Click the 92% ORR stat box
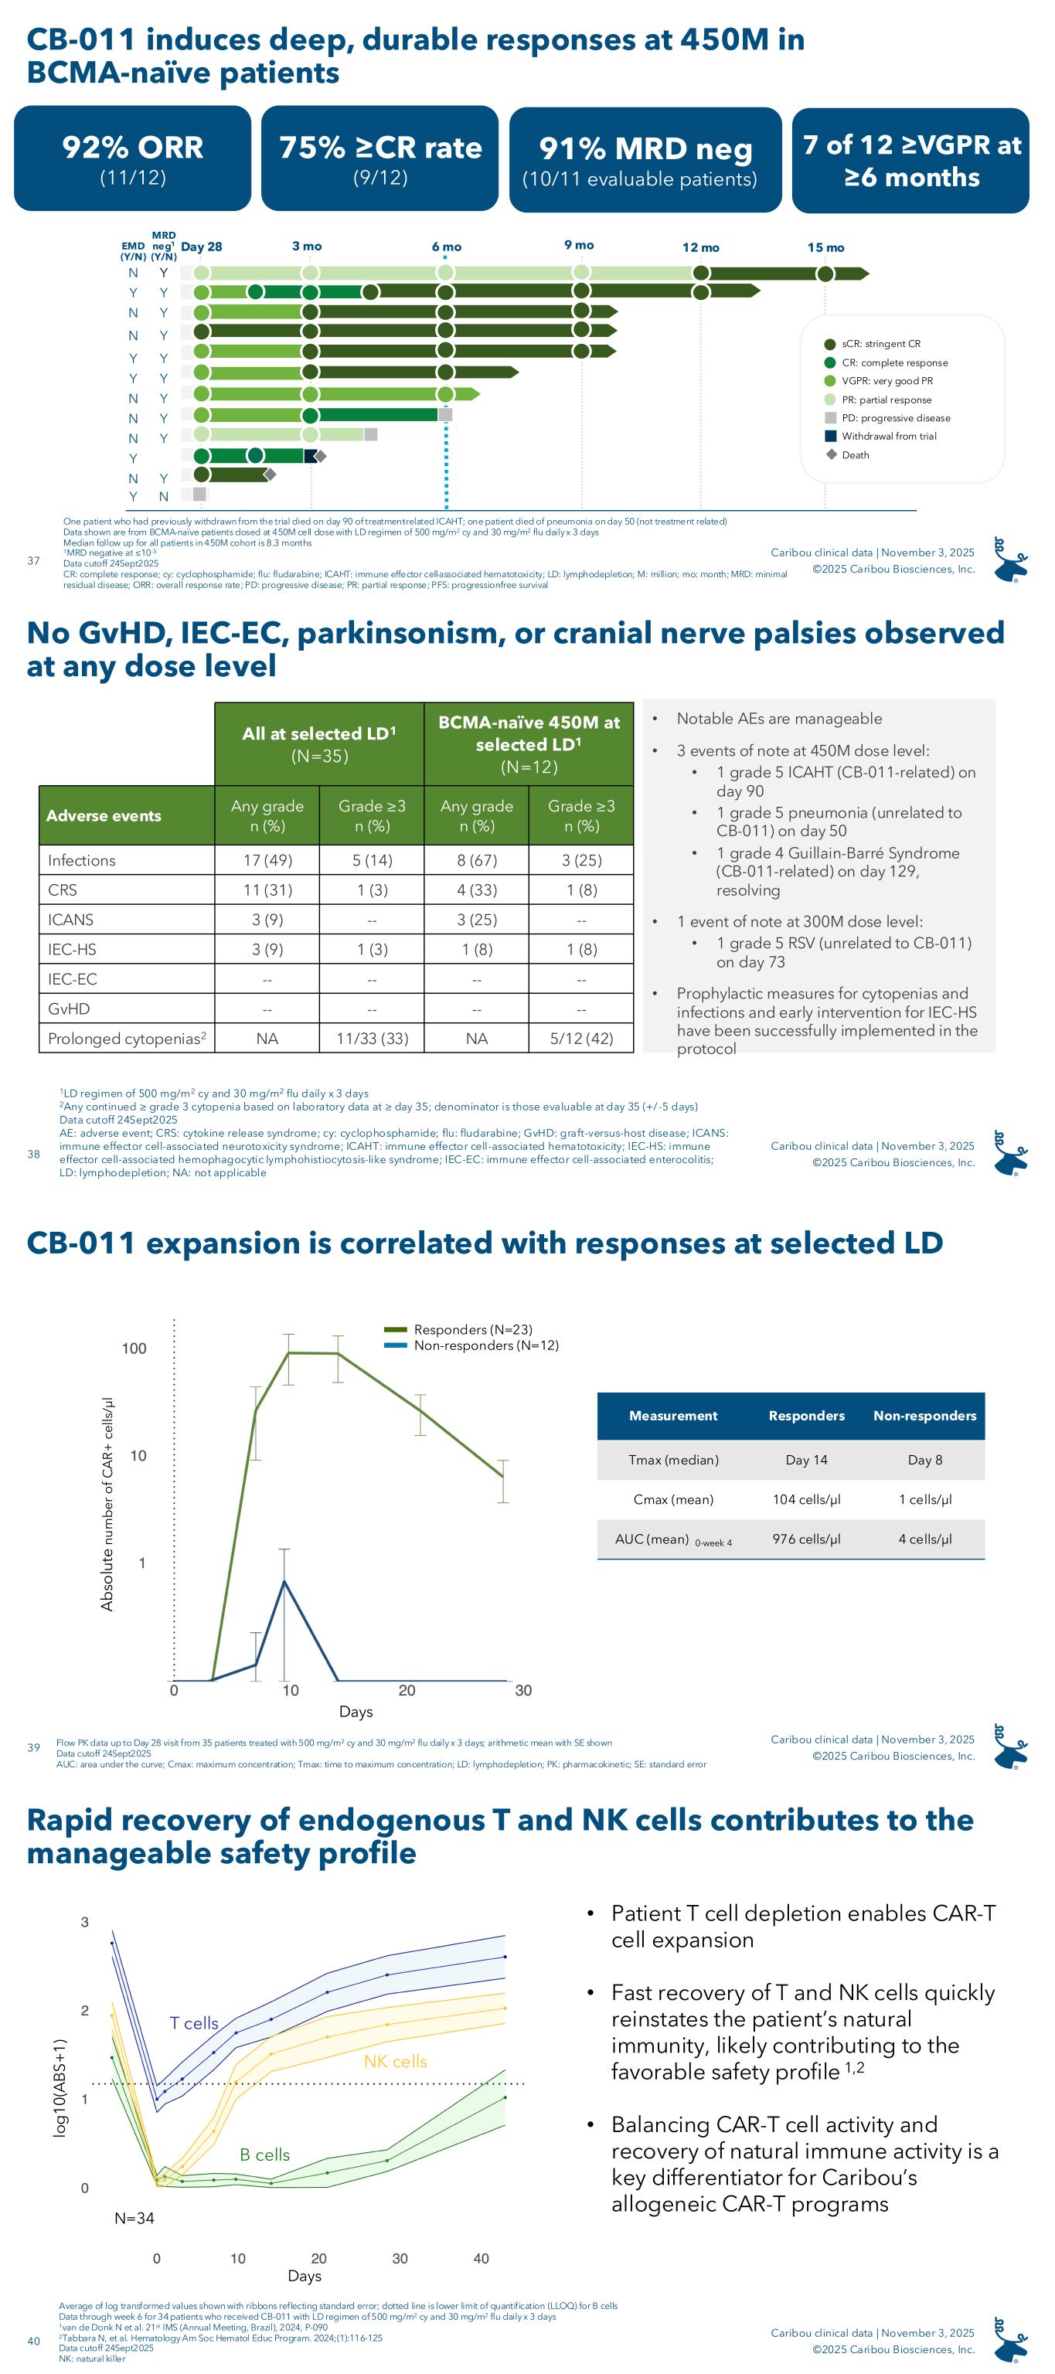133,158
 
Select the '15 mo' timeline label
825,248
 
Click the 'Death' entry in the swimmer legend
854,455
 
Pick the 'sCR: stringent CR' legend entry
880,344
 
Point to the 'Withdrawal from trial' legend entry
888,437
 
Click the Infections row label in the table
82,861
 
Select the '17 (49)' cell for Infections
267,861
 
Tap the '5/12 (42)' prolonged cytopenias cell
581,1039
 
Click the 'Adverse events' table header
104,815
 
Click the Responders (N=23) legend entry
471,1330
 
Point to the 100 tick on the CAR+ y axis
134,1349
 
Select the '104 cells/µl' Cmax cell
806,1499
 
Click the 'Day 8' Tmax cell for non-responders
925,1460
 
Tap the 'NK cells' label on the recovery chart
395,2062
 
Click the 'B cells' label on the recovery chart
264,2155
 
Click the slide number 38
34,1154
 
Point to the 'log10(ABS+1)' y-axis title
61,2087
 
